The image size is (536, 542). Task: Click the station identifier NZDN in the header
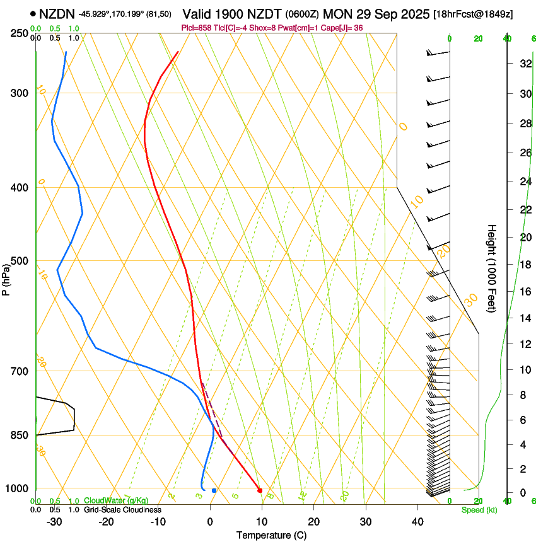click(x=57, y=13)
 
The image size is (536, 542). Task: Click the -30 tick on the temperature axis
click(x=54, y=521)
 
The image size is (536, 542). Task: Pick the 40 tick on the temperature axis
click(x=417, y=521)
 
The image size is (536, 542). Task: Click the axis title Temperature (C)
click(x=271, y=535)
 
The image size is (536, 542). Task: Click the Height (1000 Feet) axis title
click(x=492, y=268)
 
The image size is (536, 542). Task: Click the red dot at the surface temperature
click(x=260, y=490)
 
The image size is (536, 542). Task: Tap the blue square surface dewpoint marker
click(x=214, y=490)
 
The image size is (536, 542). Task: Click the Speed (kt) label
click(x=479, y=510)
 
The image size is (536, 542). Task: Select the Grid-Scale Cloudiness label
click(x=122, y=509)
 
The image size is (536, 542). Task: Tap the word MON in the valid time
click(x=335, y=13)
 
